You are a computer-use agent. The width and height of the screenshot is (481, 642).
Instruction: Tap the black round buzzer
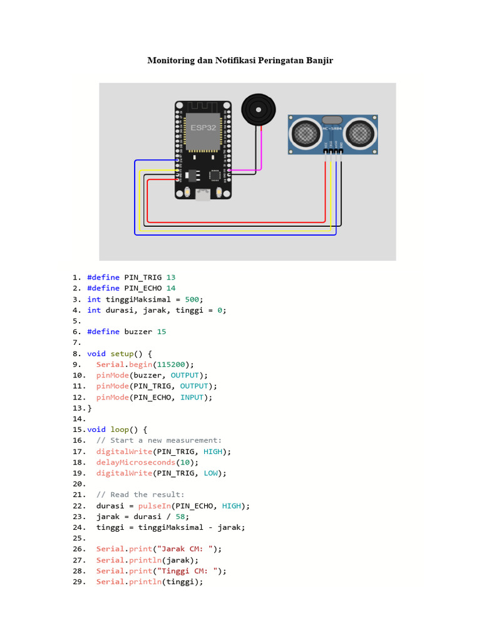click(257, 109)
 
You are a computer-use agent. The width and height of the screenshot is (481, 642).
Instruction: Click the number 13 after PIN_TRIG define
click(171, 277)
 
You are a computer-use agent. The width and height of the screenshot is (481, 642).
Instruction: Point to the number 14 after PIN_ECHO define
click(171, 288)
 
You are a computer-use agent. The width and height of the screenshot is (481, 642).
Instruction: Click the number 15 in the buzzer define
click(162, 332)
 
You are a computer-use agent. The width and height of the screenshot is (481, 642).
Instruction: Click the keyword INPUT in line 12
click(192, 397)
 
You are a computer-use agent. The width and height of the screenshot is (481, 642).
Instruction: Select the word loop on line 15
click(120, 429)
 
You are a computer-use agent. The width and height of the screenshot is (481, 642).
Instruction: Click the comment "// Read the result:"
click(140, 495)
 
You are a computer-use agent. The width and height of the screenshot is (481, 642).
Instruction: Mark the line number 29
click(78, 582)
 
